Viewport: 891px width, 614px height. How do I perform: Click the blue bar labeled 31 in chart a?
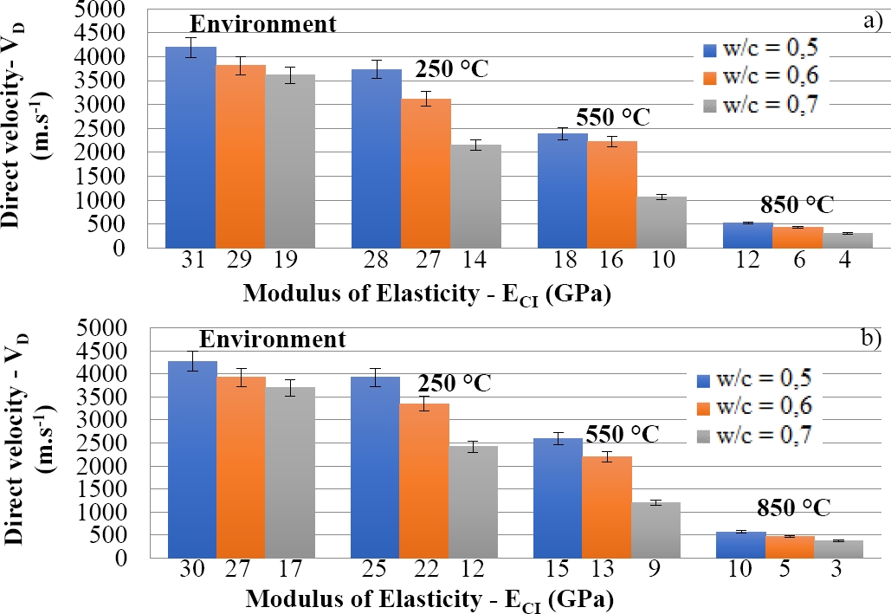[191, 147]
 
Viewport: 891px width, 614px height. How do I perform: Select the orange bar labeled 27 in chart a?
[425, 173]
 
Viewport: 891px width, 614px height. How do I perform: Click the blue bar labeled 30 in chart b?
[192, 459]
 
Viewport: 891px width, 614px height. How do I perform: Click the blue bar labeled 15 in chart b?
[558, 498]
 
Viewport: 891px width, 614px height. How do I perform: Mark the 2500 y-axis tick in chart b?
[128, 443]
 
